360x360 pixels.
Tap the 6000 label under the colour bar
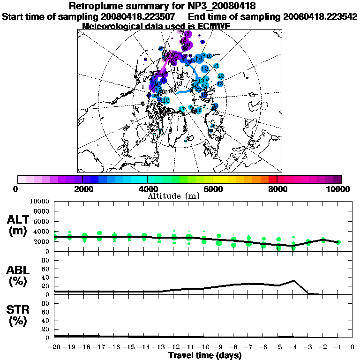coord(213,189)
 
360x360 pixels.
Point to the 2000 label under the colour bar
coord(82,189)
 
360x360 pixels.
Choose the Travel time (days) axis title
coord(205,355)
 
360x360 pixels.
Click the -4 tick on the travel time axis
coord(293,347)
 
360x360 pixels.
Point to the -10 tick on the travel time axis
coord(204,347)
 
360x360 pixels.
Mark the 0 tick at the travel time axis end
coord(352,347)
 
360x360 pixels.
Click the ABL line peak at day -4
coord(293,281)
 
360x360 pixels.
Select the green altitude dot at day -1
coord(338,242)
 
